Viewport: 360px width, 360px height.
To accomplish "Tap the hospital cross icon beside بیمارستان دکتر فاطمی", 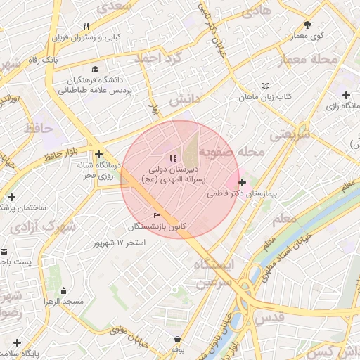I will (243, 182).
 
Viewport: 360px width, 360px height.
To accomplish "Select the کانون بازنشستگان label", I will (157, 226).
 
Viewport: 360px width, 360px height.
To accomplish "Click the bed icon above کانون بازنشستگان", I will (157, 216).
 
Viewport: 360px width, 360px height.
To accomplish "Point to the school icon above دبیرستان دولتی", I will (173, 158).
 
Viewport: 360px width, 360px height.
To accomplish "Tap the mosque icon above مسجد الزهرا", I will (64, 291).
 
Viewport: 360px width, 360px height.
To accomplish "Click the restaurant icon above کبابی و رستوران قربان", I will (86, 26).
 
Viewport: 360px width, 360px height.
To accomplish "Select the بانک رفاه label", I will (43, 60).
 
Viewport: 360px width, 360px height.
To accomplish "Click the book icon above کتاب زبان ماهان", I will (265, 85).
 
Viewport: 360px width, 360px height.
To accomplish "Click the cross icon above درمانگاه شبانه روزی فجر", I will (98, 154).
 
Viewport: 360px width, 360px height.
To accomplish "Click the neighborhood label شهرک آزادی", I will (43, 227).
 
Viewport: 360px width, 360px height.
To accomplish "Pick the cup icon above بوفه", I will (176, 338).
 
